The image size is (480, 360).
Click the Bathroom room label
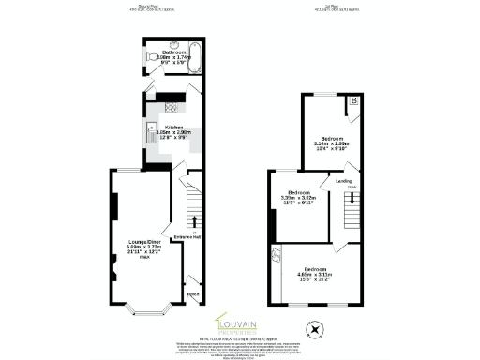coord(173,52)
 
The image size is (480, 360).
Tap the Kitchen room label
coord(173,127)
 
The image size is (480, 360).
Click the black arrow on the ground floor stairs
coord(194,222)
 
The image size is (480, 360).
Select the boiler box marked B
coord(353,101)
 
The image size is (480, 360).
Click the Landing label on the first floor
coord(344,181)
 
